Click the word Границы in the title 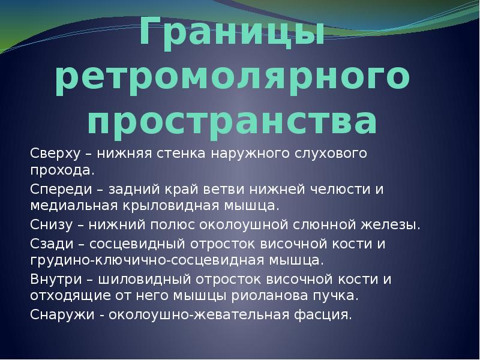232,32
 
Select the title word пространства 232,121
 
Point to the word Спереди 61,189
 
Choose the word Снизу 52,225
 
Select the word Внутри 56,279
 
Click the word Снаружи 62,315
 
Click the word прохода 62,171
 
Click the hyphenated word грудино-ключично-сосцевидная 147,260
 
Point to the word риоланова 269,296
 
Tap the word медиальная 74,206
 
